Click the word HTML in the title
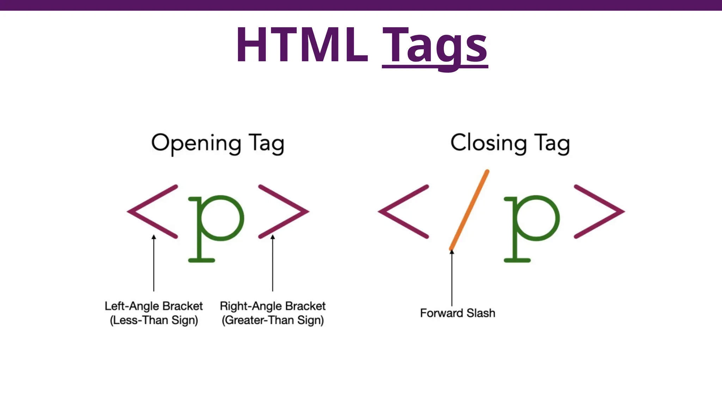tap(301, 45)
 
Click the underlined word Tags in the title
tap(435, 46)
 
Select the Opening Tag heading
tap(218, 143)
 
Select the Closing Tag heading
tap(510, 143)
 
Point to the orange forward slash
tap(469, 210)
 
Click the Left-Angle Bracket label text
tap(154, 306)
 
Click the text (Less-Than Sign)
tap(154, 320)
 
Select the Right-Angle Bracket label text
tap(273, 306)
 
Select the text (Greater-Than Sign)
tap(273, 320)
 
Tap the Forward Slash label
tap(457, 313)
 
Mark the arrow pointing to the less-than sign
tap(154, 264)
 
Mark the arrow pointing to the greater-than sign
tap(273, 264)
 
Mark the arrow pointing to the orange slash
tap(452, 278)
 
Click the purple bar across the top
tap(361, 5)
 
